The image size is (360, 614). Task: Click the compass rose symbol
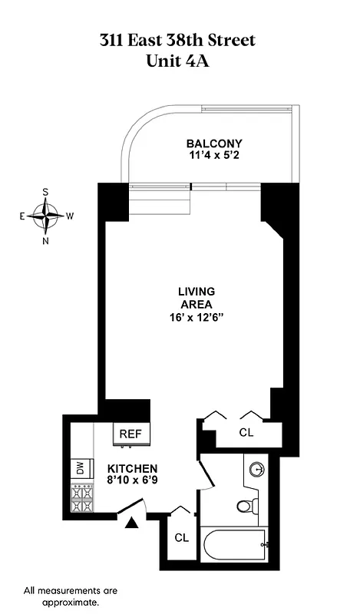pos(46,216)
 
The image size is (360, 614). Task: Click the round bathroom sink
pos(256,468)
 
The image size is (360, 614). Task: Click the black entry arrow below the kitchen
pos(131,523)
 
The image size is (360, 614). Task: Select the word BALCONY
pos(215,144)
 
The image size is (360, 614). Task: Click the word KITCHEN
pos(132,468)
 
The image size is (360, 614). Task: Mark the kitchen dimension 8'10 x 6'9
pos(132,481)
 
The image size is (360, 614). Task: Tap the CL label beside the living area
pos(246,432)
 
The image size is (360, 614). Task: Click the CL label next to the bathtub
pos(181,537)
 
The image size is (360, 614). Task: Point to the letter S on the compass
pos(46,192)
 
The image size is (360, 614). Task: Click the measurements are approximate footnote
pos(71,596)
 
